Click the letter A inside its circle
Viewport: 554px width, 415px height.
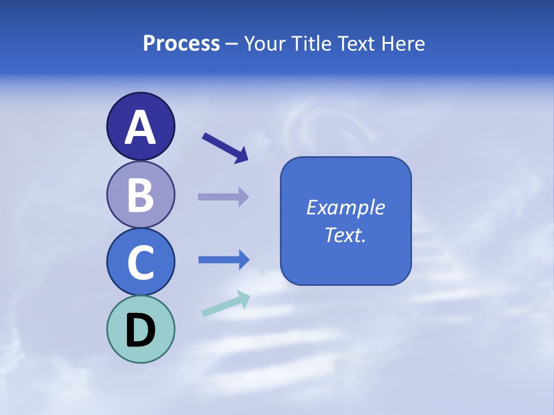click(x=140, y=127)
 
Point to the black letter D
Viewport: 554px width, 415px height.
click(x=140, y=330)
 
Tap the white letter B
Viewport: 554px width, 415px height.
click(x=140, y=195)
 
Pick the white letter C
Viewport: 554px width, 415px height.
click(x=140, y=263)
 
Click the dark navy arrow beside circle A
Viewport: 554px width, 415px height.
click(x=224, y=147)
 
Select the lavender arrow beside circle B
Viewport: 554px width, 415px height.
click(x=223, y=197)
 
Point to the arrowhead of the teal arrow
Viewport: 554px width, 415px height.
click(x=243, y=299)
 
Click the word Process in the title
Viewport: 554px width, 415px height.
click(x=181, y=44)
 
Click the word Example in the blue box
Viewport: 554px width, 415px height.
click(x=345, y=207)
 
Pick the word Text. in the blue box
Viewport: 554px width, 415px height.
click(x=345, y=235)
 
